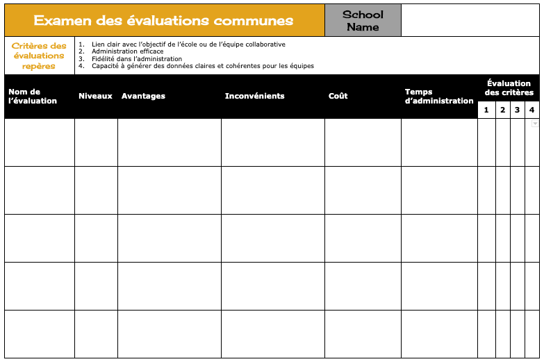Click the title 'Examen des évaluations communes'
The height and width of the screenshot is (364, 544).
164,21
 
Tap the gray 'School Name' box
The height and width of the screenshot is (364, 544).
363,21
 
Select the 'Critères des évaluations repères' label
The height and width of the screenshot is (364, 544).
40,56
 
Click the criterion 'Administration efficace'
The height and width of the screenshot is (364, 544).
128,51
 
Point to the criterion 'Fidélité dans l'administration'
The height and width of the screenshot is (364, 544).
137,59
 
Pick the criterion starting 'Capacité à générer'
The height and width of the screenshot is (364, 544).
203,67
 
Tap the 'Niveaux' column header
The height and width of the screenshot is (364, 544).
95,96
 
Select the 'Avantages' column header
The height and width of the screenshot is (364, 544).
143,96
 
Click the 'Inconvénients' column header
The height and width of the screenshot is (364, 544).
254,96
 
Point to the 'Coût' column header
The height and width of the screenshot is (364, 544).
338,96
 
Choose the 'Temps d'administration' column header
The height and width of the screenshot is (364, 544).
438,97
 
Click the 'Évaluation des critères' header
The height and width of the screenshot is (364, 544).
509,88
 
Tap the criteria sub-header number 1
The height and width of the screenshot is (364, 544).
486,110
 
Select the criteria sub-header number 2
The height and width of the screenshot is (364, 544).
503,110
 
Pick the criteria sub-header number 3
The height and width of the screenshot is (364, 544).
518,110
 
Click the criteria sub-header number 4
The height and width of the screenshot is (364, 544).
531,110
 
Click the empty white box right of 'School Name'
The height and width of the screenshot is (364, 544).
470,21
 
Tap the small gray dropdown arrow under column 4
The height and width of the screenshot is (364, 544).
535,124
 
